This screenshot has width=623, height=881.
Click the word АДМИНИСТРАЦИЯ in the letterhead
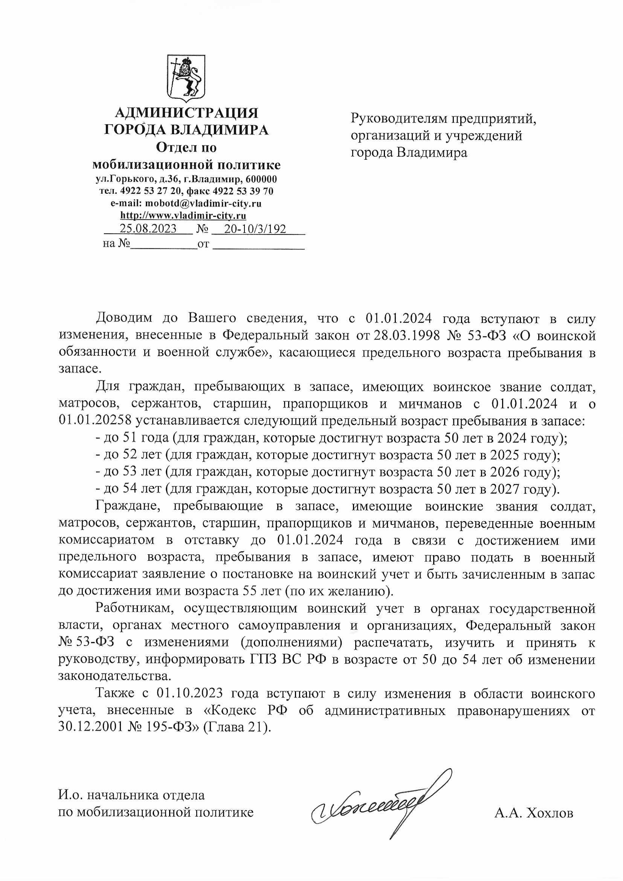(186, 113)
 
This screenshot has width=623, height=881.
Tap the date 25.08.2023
(148, 229)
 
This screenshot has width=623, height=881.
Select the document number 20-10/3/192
(255, 229)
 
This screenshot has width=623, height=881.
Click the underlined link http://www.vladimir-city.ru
(183, 215)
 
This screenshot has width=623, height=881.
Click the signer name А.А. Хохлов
(534, 813)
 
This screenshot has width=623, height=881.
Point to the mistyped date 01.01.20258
(95, 421)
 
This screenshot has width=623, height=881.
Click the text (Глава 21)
(237, 727)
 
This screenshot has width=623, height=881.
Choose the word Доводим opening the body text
(124, 318)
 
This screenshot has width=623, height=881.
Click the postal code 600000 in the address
(261, 179)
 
